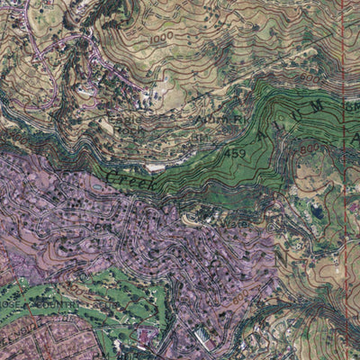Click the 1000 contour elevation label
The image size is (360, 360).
[161, 40]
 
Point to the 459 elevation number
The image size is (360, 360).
[235, 153]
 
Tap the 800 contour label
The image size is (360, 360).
[311, 149]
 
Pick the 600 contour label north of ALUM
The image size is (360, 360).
[352, 107]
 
